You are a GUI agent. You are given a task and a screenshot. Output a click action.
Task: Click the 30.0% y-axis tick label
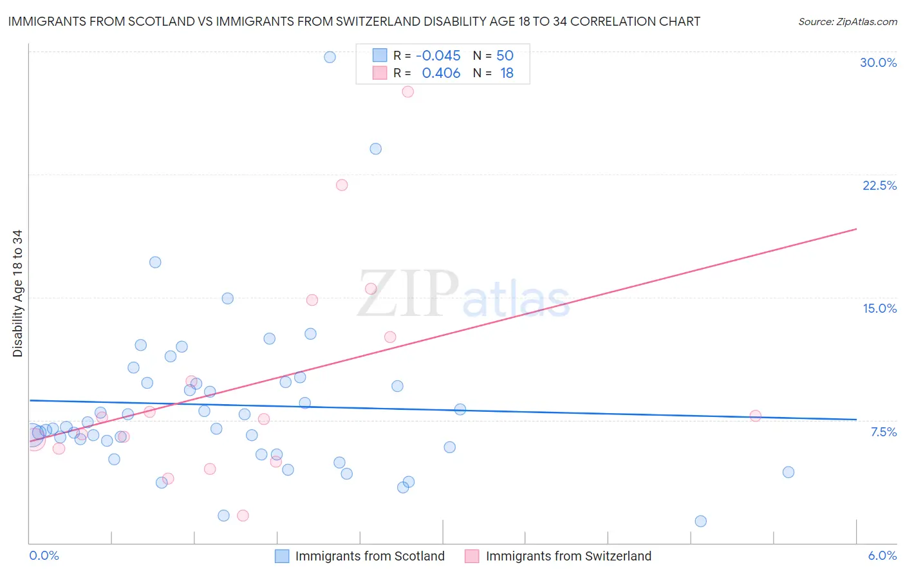[x=878, y=62]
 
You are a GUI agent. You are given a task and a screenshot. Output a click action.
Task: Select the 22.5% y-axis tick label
[x=879, y=185]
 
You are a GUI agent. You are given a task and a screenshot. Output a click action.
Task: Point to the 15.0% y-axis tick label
[x=879, y=308]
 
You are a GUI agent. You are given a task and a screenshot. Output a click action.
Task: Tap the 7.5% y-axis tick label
[x=883, y=432]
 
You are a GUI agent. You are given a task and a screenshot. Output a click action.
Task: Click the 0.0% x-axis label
[x=44, y=555]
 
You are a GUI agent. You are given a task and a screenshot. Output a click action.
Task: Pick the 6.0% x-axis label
[x=882, y=555]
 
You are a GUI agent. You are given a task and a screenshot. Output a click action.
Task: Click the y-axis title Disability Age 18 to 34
[x=17, y=293]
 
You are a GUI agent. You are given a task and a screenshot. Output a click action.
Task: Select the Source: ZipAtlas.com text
[x=847, y=22]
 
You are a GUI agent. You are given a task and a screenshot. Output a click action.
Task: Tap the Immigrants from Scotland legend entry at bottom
[x=369, y=556]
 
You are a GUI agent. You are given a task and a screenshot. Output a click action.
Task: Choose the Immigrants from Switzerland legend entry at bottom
[x=568, y=556]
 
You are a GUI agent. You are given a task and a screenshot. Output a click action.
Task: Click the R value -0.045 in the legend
[x=438, y=56]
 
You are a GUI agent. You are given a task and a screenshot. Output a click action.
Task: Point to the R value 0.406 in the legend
[x=441, y=73]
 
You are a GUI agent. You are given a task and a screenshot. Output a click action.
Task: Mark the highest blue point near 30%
[x=330, y=57]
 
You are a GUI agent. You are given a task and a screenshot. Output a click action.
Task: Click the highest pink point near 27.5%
[x=407, y=92]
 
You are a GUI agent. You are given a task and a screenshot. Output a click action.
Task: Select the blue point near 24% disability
[x=376, y=149]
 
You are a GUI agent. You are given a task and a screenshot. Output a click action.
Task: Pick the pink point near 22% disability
[x=342, y=185]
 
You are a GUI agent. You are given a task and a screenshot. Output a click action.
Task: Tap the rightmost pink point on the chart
[x=756, y=416]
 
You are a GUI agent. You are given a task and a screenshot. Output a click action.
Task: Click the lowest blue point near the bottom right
[x=701, y=521]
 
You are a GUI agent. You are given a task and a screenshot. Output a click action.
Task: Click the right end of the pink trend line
[x=856, y=229]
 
